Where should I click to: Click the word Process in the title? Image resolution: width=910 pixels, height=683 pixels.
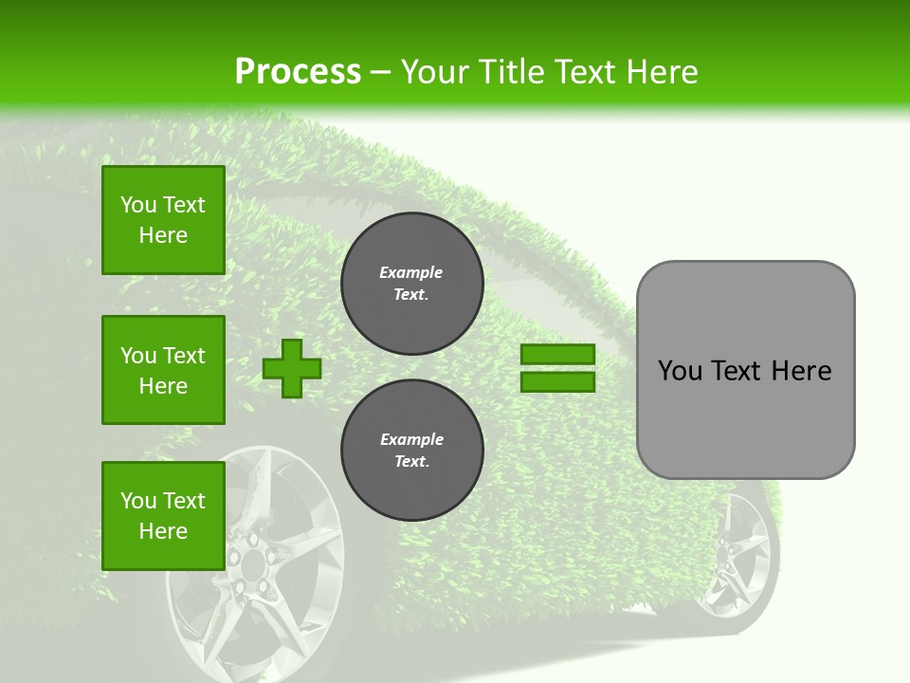(298, 72)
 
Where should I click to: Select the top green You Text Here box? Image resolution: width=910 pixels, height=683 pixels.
(163, 220)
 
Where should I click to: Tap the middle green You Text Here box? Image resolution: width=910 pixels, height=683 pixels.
(163, 370)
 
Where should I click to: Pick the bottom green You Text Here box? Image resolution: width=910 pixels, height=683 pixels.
(163, 516)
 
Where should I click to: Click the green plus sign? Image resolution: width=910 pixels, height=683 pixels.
(292, 368)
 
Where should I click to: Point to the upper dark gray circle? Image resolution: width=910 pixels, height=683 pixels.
(412, 284)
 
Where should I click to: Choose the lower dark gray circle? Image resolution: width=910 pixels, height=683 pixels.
(412, 451)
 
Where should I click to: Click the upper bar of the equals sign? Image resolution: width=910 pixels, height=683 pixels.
(557, 355)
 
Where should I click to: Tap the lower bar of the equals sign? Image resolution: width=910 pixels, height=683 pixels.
(557, 381)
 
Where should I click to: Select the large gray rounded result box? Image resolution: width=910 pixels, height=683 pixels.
(745, 370)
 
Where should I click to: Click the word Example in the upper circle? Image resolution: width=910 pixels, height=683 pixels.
(411, 272)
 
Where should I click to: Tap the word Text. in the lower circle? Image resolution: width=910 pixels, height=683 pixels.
(411, 462)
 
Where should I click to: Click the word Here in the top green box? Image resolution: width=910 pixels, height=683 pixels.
(163, 235)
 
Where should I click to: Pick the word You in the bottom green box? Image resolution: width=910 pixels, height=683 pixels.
(138, 501)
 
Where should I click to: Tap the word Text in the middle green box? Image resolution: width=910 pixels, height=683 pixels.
(184, 356)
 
